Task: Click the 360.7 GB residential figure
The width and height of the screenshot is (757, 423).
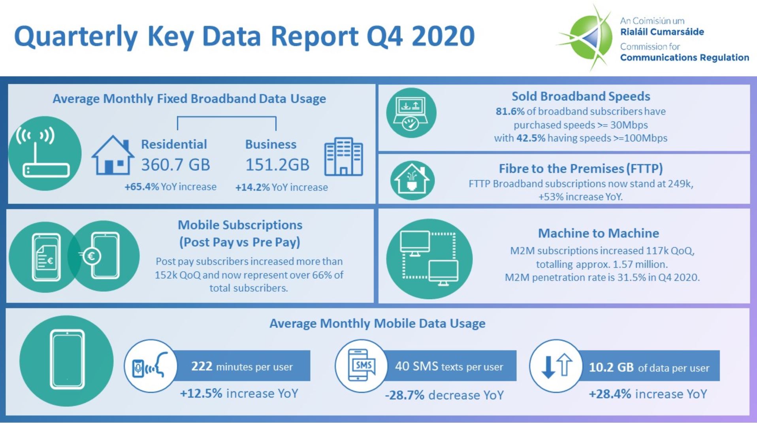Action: pyautogui.click(x=175, y=165)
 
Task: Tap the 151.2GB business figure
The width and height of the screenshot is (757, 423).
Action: pyautogui.click(x=277, y=165)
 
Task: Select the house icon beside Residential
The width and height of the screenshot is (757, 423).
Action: pyautogui.click(x=112, y=155)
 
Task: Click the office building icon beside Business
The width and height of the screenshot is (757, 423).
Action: pyautogui.click(x=343, y=157)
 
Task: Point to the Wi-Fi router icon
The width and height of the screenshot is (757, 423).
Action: pyautogui.click(x=45, y=153)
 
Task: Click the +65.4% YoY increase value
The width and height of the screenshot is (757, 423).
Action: pyautogui.click(x=141, y=187)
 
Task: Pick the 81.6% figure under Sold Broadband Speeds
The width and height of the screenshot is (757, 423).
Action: pyautogui.click(x=510, y=111)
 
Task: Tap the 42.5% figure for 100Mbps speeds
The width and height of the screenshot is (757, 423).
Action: pyautogui.click(x=531, y=138)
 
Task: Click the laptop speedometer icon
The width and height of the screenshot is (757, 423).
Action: pyautogui.click(x=411, y=113)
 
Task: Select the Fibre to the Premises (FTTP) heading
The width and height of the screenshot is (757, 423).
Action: pyautogui.click(x=580, y=169)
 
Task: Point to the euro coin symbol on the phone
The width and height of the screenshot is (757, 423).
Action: pyautogui.click(x=91, y=256)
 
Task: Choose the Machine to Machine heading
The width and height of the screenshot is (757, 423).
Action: pyautogui.click(x=598, y=233)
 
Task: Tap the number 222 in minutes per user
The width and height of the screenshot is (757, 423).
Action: pyautogui.click(x=201, y=366)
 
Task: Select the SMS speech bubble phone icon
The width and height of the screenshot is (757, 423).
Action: pyautogui.click(x=361, y=365)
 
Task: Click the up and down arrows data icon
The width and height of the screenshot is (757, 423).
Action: pyautogui.click(x=556, y=366)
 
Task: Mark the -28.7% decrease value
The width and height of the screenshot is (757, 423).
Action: pyautogui.click(x=404, y=395)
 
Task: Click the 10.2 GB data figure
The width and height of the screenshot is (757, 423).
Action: pyautogui.click(x=611, y=367)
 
